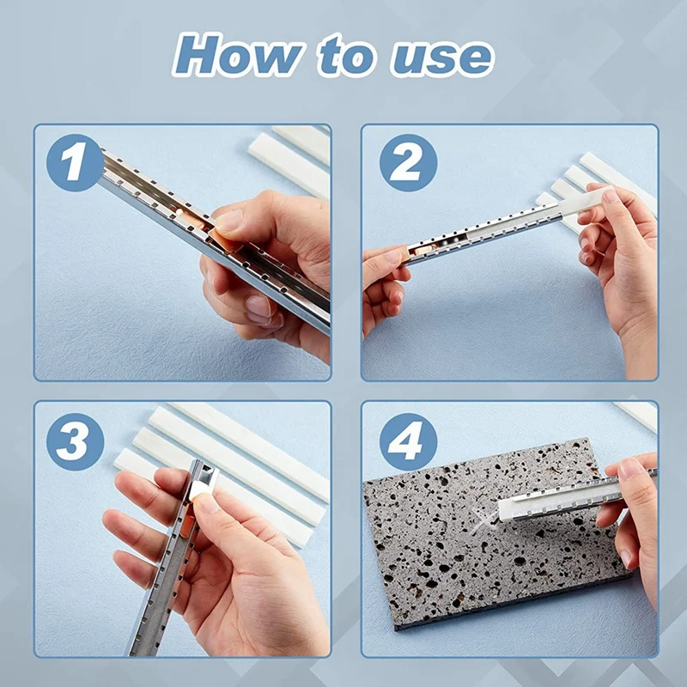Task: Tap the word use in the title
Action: point(442,59)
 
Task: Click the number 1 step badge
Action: point(75,162)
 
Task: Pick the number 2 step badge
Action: point(409,162)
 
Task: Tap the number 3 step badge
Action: point(75,441)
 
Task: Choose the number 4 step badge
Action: point(409,441)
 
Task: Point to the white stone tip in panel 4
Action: point(508,509)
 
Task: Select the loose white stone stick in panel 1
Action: point(289,164)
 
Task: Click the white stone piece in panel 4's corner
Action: point(636,415)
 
